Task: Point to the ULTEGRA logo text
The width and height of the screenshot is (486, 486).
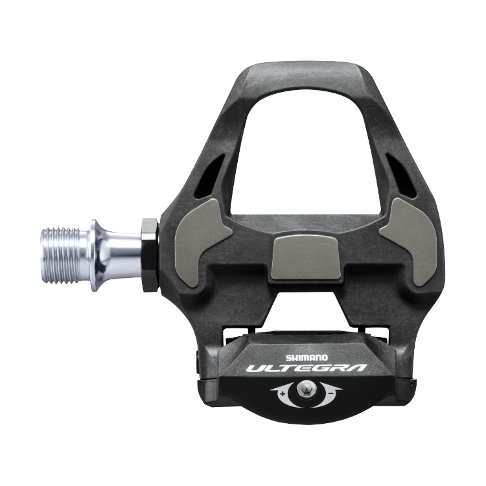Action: [306, 369]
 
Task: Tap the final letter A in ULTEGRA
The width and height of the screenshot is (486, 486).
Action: [358, 368]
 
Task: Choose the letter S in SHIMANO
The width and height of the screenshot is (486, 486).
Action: [288, 356]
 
